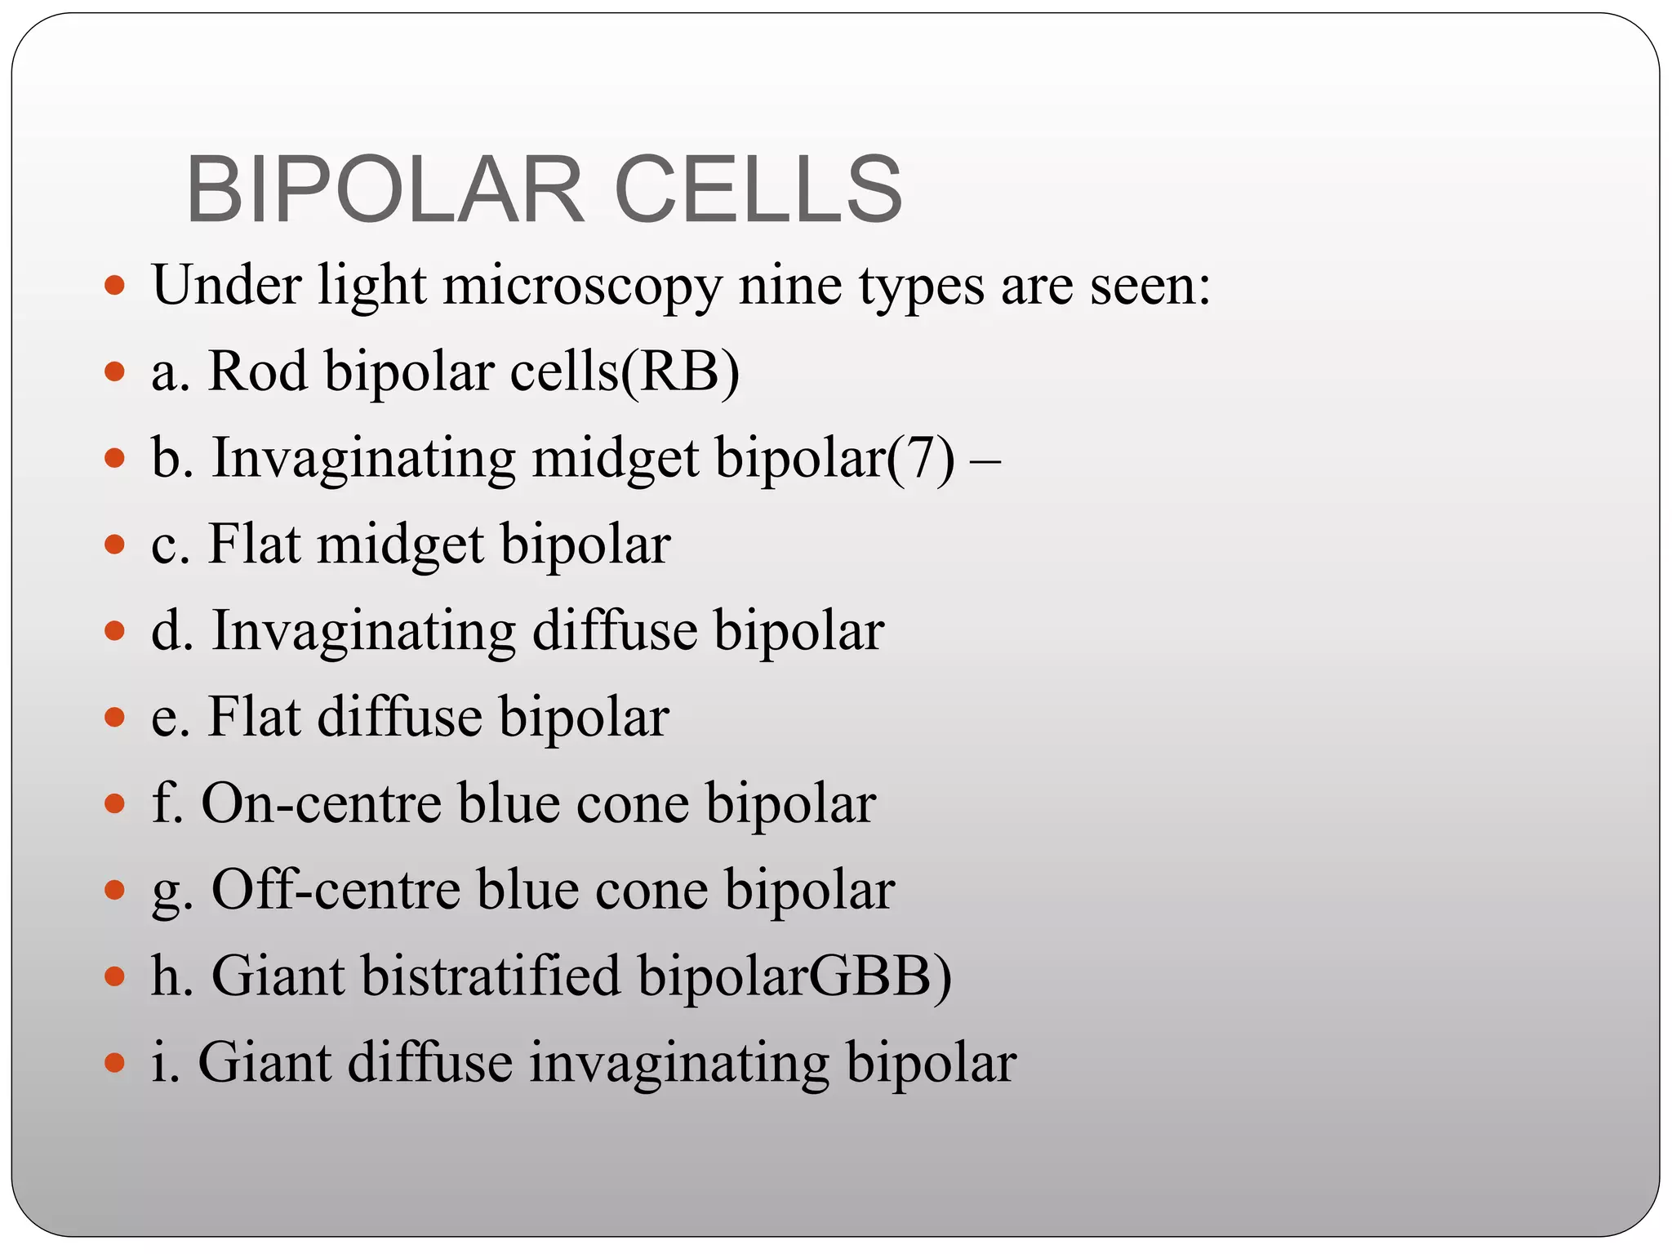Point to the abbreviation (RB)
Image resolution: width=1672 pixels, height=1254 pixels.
[x=680, y=372]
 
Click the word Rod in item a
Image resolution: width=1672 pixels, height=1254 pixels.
[x=258, y=372]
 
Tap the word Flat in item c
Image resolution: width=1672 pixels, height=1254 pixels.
[x=254, y=545]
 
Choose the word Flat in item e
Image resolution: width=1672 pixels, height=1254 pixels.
[x=254, y=718]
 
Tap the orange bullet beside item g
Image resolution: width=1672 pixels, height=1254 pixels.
[x=115, y=889]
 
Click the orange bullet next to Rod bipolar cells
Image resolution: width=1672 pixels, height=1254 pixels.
[x=115, y=372]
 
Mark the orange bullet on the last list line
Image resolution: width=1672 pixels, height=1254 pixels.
[x=115, y=1063]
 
